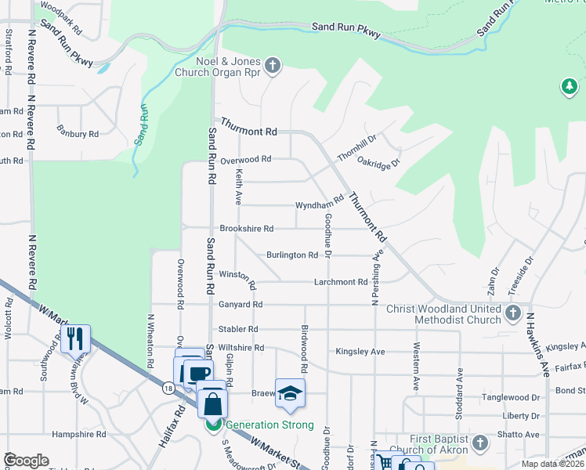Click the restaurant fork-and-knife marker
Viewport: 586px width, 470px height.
pos(75,338)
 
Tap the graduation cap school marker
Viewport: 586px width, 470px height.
pos(290,393)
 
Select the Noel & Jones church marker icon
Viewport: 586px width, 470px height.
pos(273,65)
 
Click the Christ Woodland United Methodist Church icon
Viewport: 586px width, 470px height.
pos(513,314)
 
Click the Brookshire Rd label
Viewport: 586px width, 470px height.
pos(246,229)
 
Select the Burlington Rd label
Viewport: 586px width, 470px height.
pos(291,255)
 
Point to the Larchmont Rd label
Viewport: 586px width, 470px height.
pos(341,282)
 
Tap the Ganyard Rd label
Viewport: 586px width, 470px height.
pos(241,304)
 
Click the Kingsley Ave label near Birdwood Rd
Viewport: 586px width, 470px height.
pos(360,352)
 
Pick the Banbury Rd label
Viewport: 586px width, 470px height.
pos(78,134)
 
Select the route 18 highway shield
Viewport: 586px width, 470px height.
pos(168,387)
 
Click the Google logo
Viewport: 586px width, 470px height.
pos(26,461)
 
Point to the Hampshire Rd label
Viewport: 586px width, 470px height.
pos(78,434)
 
